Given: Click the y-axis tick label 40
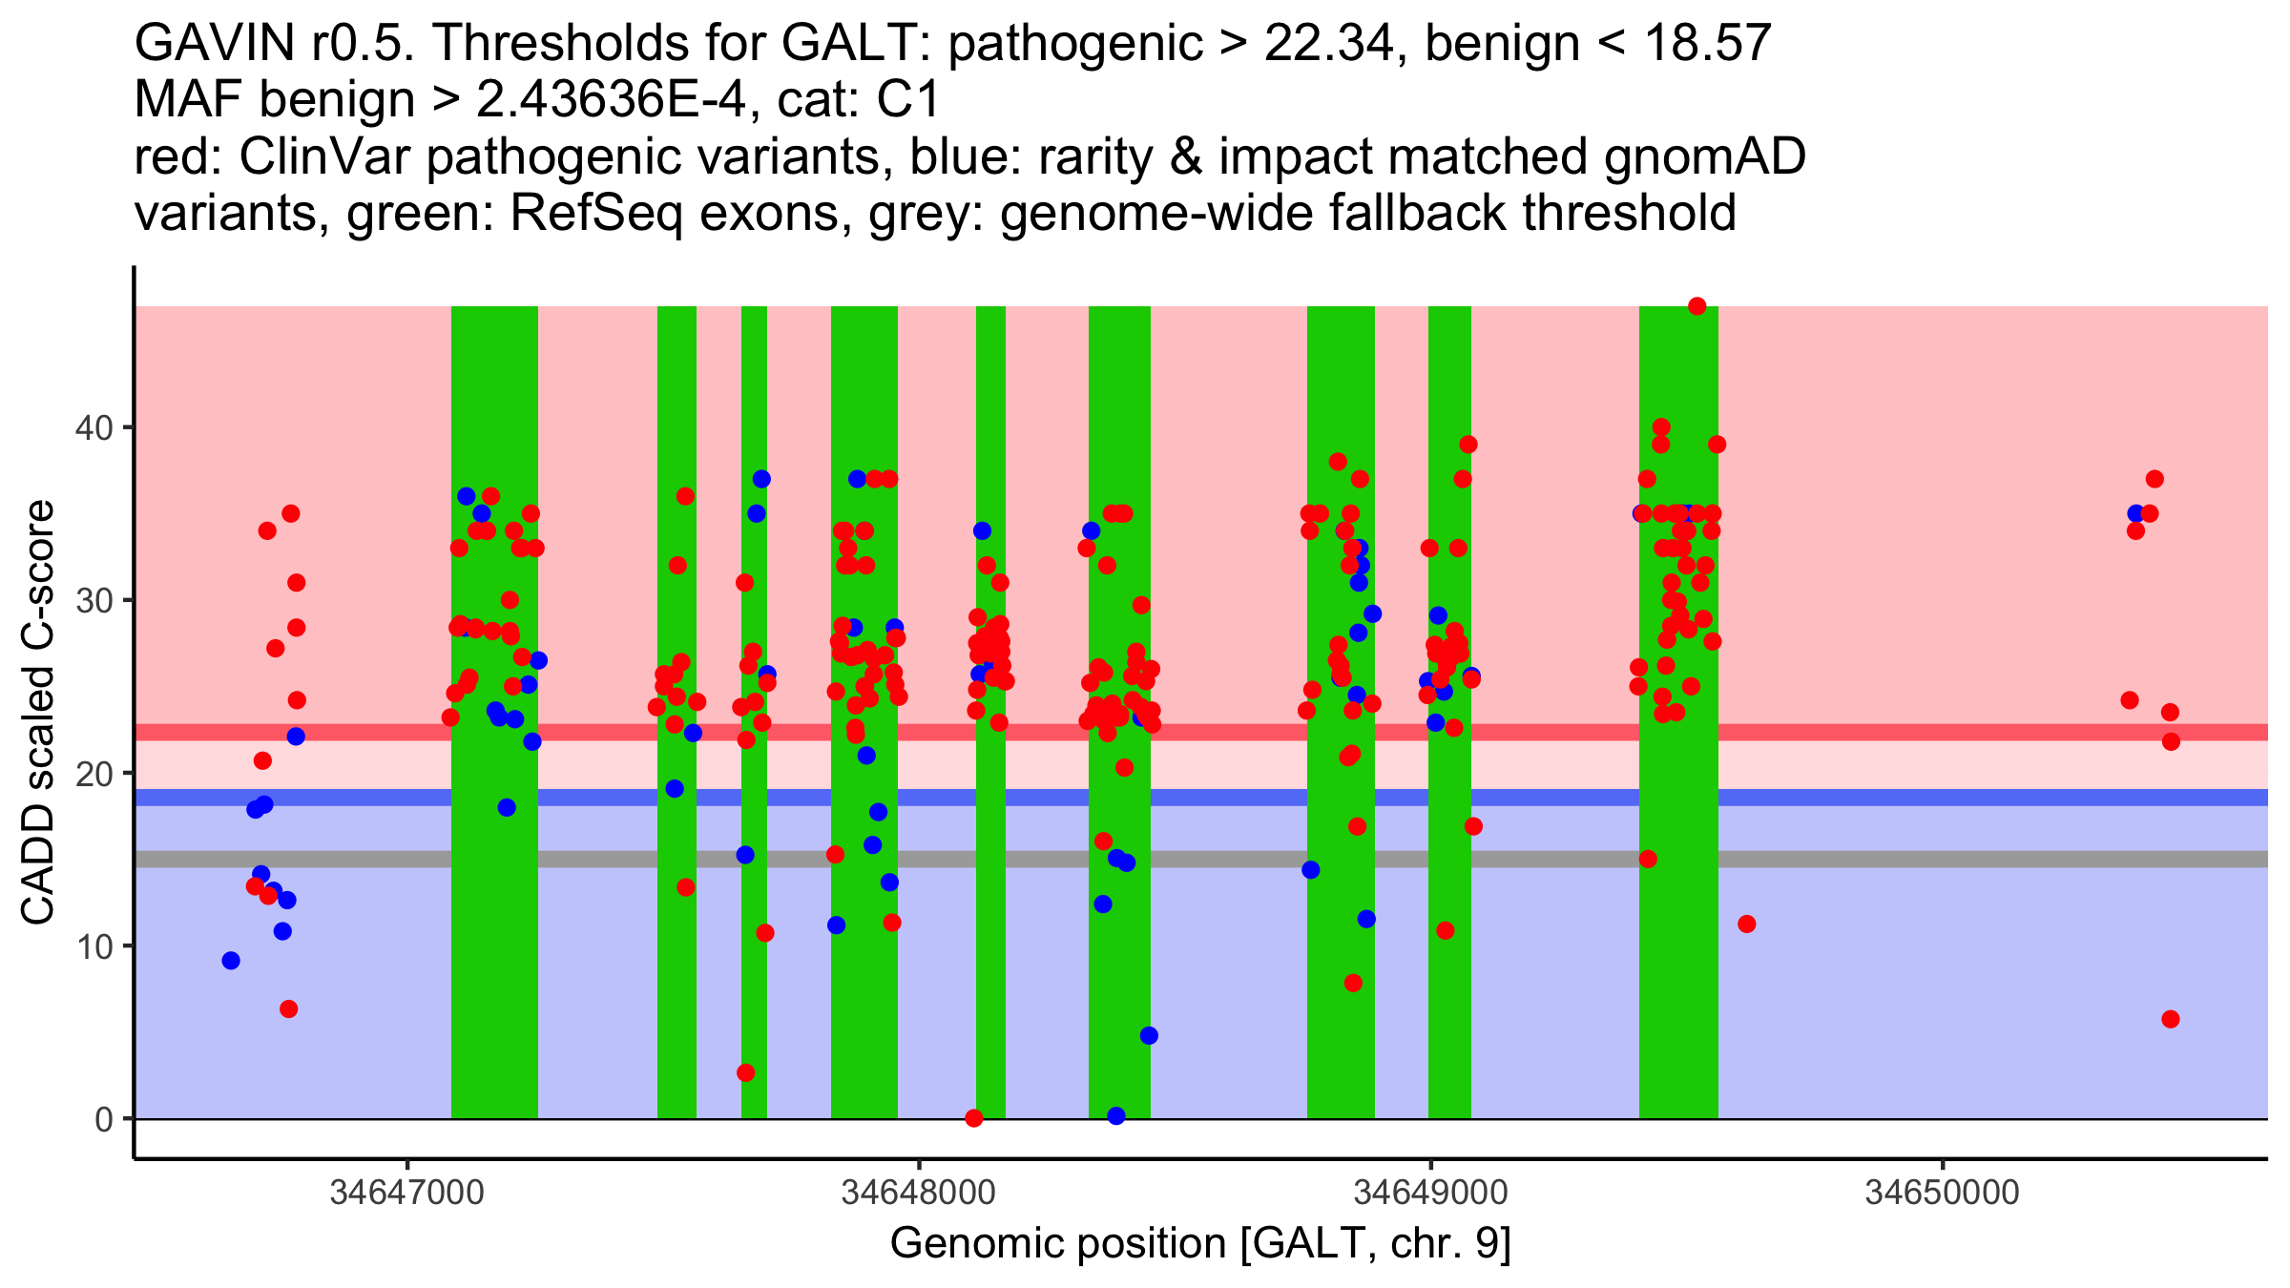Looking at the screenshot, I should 93,427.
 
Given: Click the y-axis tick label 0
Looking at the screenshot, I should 103,1119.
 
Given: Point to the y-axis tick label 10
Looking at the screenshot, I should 93,946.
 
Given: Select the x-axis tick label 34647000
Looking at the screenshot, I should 407,1192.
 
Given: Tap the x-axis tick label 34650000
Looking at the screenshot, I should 1942,1192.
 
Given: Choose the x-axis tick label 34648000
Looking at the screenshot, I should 919,1192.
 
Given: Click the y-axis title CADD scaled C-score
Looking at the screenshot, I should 38,713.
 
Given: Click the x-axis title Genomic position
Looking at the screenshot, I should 1200,1244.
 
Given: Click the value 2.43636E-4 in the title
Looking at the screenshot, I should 611,100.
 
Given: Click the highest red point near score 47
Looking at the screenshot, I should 1697,306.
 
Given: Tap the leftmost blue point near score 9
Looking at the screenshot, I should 231,961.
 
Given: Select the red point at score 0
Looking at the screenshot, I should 974,1118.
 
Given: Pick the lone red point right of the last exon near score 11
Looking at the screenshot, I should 1747,924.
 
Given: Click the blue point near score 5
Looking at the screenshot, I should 1149,1036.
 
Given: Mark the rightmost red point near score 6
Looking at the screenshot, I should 2171,1019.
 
